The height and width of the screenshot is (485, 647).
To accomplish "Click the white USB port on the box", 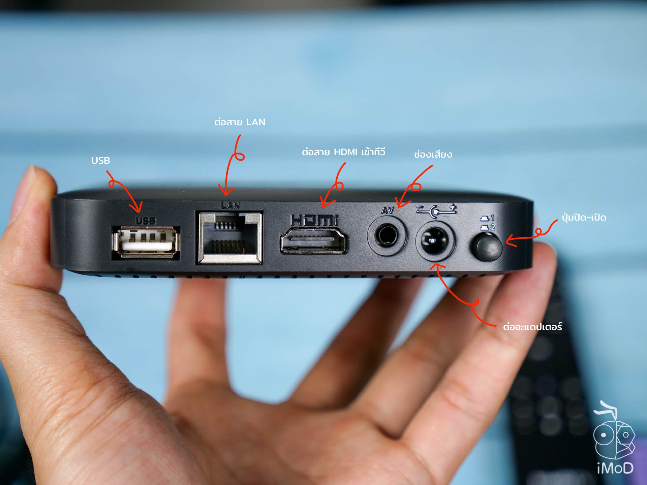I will coord(146,242).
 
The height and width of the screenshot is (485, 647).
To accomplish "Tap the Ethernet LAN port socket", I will coord(230,237).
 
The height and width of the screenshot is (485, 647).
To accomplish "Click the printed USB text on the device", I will coord(146,221).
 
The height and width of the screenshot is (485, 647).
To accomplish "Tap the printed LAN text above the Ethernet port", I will coord(230,205).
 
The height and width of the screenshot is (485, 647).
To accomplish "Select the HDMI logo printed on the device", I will coord(314,220).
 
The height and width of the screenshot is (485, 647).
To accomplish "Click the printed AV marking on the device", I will coord(388,211).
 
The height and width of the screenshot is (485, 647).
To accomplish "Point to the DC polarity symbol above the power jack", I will coord(436,210).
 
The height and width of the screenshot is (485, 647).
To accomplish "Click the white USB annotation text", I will coord(100,160).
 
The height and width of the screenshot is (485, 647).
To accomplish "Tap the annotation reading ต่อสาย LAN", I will coord(240,122).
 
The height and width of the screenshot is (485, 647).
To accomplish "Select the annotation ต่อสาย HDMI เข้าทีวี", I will coord(343,152).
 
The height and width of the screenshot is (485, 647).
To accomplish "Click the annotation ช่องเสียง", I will coord(433,155).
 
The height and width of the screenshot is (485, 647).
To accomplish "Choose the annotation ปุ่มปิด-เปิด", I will coord(584,218).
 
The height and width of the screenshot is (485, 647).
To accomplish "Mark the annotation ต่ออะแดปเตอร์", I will coord(532,327).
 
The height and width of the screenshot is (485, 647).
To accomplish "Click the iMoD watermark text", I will coord(615,468).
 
